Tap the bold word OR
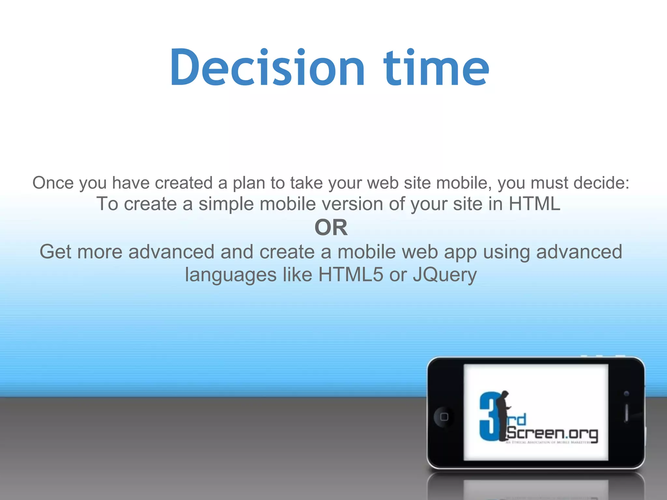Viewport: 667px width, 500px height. pos(331,228)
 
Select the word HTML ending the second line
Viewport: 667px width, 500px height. pos(534,204)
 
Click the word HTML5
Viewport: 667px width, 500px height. pos(351,274)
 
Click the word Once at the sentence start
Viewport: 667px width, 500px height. pos(53,183)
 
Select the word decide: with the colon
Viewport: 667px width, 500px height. pos(601,183)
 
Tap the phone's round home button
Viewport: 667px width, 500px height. pos(444,417)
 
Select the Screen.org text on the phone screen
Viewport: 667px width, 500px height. pos(552,433)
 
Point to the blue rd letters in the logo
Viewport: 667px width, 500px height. pos(517,420)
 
